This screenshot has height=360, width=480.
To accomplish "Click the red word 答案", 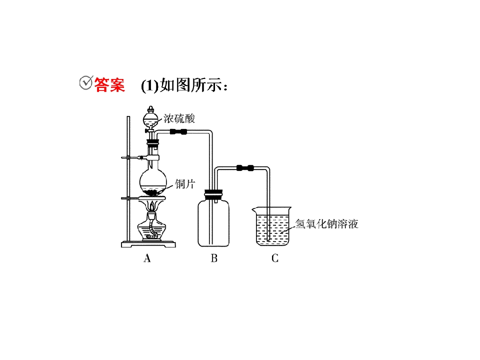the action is point(109,84).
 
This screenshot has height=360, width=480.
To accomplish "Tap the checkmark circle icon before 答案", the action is point(86,82).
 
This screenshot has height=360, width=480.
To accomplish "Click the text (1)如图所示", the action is point(184,85).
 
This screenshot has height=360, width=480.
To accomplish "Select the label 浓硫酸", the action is point(179,118).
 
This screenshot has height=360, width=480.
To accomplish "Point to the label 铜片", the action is point(185,184).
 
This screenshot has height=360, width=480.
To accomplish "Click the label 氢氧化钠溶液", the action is point(326,224).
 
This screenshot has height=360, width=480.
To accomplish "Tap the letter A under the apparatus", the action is point(147,258).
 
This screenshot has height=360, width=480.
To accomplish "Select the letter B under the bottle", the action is point(214,258).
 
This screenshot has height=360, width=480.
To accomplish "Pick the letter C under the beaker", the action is point(275,258).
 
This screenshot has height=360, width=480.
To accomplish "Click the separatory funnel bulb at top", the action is point(150,120).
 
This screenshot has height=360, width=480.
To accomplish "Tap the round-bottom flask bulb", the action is point(153,182).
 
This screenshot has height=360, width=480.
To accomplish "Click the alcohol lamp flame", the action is point(152,205).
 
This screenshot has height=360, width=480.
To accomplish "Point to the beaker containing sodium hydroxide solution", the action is point(272,226).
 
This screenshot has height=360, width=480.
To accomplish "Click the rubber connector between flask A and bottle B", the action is point(178,132).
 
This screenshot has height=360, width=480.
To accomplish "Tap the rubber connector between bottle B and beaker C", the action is point(245,168).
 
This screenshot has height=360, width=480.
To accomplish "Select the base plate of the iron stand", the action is point(148,244).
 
